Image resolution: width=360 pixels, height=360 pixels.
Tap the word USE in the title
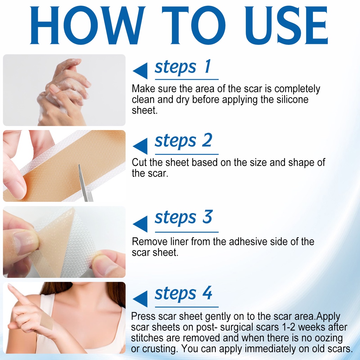click(x=286, y=25)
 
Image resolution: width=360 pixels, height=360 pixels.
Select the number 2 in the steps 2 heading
click(x=207, y=140)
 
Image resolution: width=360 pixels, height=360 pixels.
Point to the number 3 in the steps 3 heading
click(x=207, y=217)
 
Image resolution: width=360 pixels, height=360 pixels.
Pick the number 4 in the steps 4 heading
click(x=207, y=293)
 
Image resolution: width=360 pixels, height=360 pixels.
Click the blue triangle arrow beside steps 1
click(x=140, y=71)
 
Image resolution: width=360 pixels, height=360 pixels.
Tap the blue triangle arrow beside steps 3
click(x=140, y=224)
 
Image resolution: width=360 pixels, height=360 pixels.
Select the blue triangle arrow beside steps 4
click(x=140, y=299)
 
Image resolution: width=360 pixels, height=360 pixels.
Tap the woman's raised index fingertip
click(x=10, y=286)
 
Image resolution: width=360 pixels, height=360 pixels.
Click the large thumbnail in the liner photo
click(x=25, y=242)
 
